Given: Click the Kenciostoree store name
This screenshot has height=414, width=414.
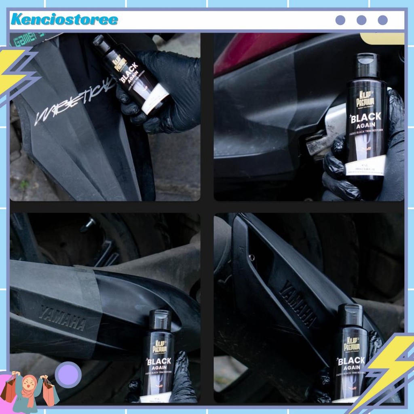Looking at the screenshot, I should pos(64,19).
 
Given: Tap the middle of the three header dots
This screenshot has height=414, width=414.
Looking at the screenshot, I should pos(361,20).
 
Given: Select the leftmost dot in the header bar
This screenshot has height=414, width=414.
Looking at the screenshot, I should pos(340,20).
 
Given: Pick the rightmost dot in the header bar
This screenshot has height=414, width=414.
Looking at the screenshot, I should pos(382,20).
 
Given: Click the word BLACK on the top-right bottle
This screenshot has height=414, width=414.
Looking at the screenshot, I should pos(366,118).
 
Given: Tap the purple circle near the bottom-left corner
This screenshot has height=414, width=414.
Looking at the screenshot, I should pos(68,375).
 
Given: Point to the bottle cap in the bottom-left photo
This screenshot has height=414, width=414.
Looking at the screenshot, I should pos(160,320).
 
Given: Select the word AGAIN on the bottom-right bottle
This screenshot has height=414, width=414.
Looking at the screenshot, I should pos(351,368).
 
